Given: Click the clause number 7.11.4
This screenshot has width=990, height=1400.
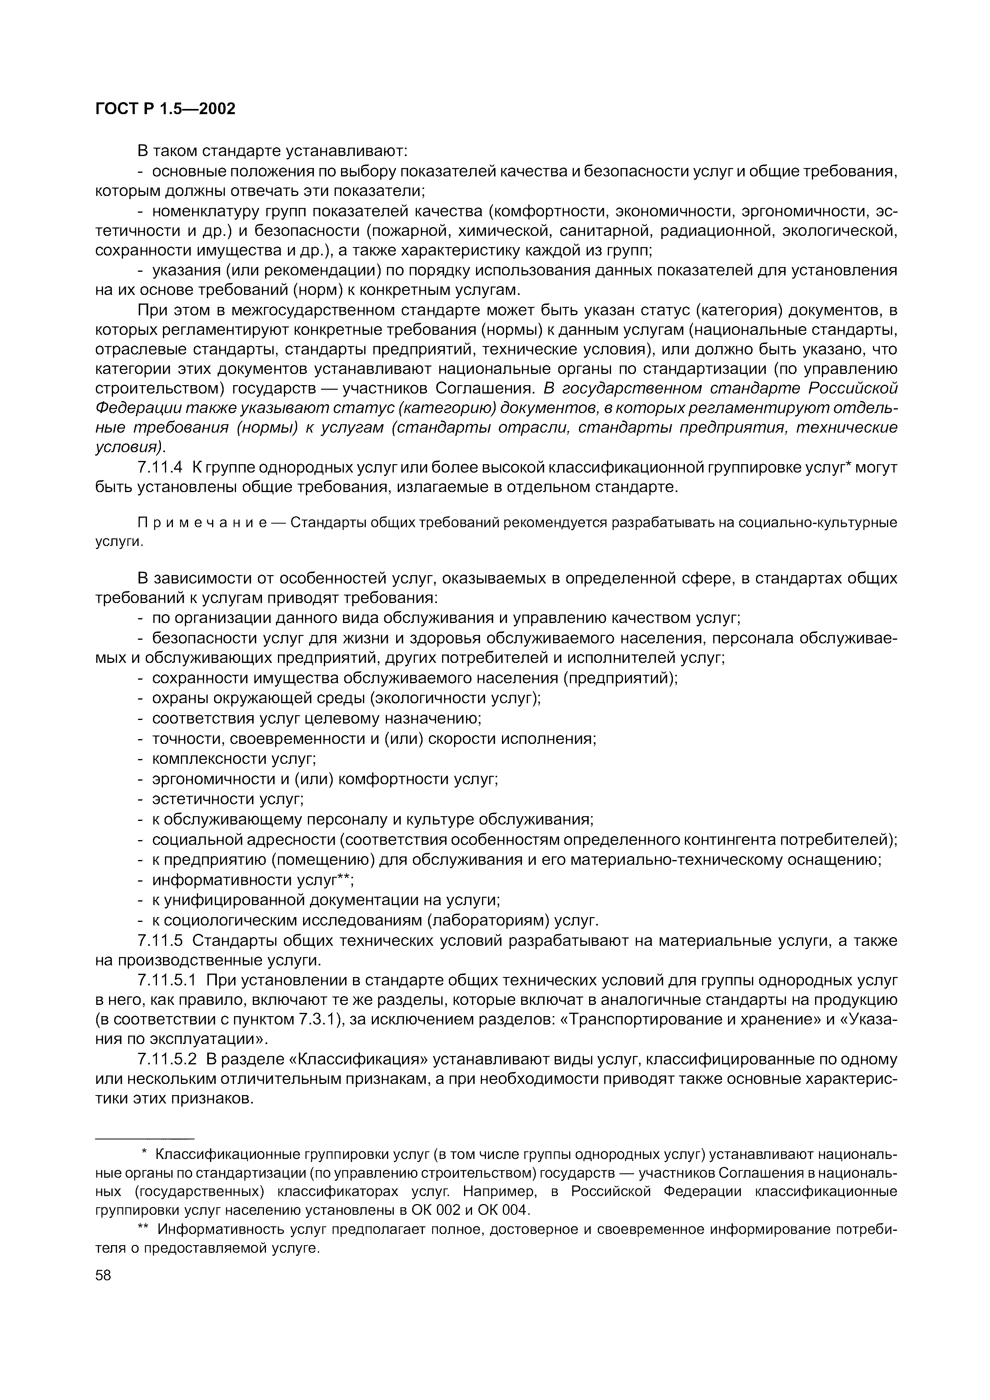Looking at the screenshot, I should coord(161,468).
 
